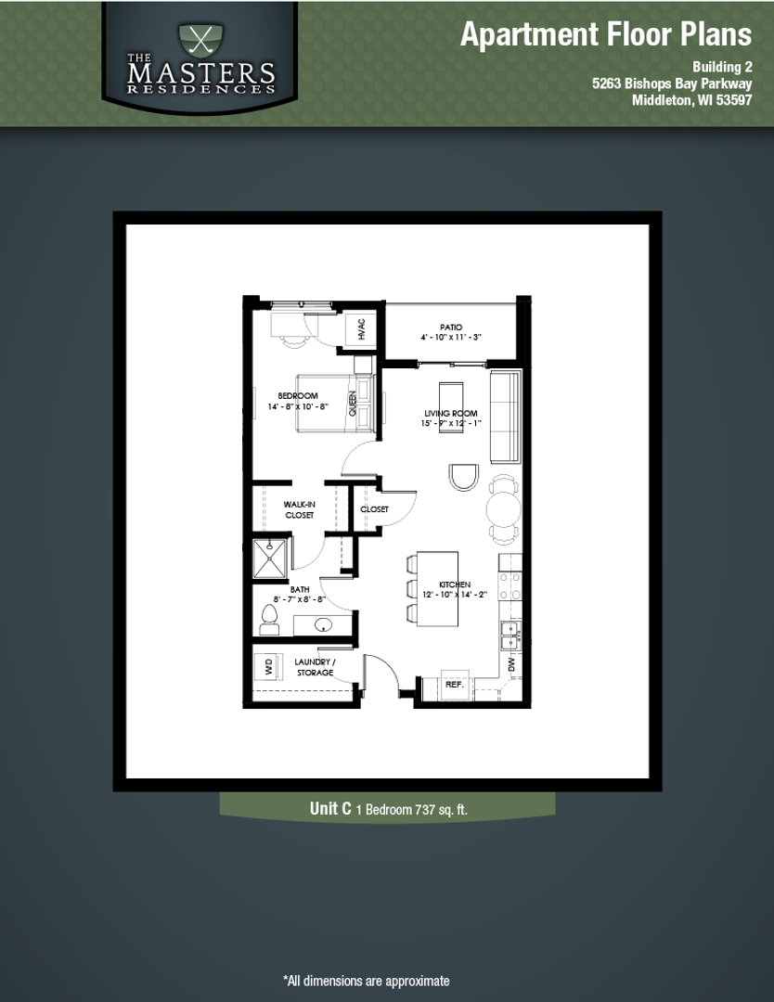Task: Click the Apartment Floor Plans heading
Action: (605, 34)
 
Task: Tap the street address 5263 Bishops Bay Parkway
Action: (671, 83)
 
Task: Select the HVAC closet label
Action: (360, 330)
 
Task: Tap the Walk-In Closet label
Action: (299, 509)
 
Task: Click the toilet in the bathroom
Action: (269, 620)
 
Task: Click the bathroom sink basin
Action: (325, 624)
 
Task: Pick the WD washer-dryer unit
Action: (268, 666)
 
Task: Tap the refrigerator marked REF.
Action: (454, 683)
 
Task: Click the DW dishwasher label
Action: (510, 664)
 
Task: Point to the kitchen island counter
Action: (436, 588)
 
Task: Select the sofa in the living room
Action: (505, 417)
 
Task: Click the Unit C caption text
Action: (388, 809)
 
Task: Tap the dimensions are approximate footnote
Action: (366, 981)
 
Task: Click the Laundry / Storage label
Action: (315, 667)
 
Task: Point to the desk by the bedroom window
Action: (291, 324)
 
